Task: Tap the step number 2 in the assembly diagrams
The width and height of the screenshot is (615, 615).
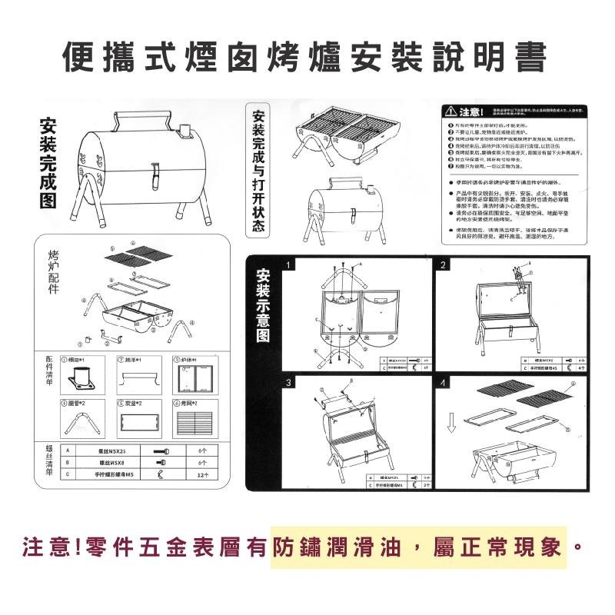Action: (444, 266)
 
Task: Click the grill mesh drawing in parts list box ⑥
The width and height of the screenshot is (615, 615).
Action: (193, 424)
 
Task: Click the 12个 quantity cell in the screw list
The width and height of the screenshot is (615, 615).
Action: (203, 474)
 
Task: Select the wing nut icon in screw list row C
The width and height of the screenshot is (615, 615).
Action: (159, 474)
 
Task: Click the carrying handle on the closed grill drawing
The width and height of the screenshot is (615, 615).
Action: (142, 116)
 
